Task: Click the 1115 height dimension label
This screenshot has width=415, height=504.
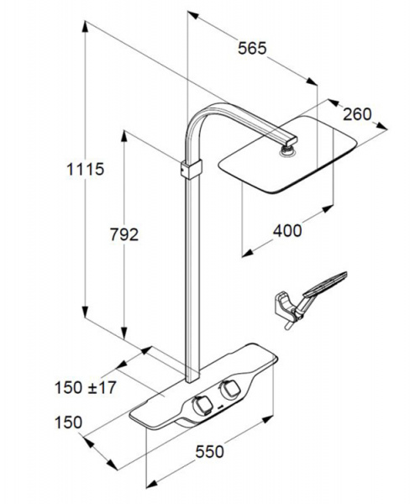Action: click(85, 169)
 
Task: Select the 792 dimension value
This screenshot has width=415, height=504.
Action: click(124, 234)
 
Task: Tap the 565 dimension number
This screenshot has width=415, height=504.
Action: click(252, 48)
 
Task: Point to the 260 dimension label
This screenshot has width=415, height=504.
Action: click(357, 114)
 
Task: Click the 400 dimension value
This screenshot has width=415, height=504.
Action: click(287, 230)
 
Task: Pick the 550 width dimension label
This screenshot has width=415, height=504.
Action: click(209, 452)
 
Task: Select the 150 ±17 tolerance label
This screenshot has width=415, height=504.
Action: click(85, 387)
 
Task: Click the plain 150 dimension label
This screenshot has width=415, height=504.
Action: click(69, 423)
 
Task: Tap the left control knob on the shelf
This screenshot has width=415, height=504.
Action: click(202, 405)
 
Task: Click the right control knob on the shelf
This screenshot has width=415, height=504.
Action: click(229, 390)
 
